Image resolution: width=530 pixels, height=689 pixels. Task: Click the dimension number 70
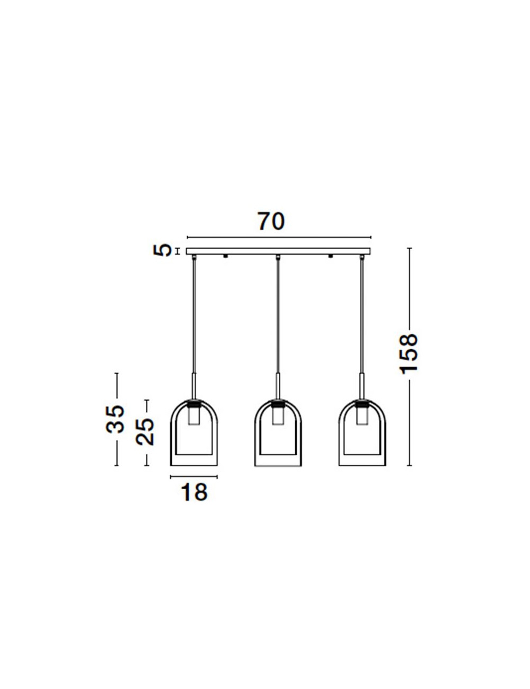click(271, 222)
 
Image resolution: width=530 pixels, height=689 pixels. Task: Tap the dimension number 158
click(409, 353)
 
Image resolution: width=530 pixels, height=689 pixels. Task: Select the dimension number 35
click(114, 419)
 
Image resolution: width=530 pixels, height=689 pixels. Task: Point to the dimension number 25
click(144, 431)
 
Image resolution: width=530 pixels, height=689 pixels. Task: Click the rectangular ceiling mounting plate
click(278, 251)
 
